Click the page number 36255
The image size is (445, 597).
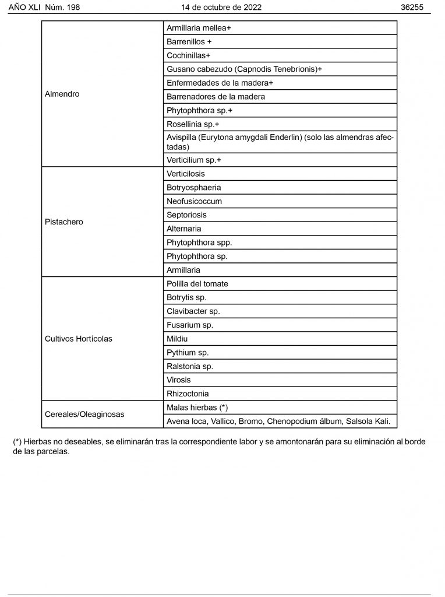(412, 8)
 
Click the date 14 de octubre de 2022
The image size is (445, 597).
(221, 8)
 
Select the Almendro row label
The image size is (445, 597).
(62, 94)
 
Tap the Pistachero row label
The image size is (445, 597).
(64, 222)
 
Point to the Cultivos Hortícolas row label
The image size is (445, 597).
(79, 339)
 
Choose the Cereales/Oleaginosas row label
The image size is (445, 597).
(84, 415)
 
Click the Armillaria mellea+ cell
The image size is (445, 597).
(199, 28)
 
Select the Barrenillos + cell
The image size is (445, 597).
(189, 42)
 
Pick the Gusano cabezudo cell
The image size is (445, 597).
(244, 69)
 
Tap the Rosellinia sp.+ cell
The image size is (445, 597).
(193, 124)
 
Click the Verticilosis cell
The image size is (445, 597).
(186, 174)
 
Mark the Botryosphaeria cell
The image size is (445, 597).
(194, 188)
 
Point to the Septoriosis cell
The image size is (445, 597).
(186, 215)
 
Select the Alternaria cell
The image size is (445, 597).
(184, 229)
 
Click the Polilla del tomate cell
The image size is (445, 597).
(197, 284)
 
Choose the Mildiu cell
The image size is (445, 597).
(177, 339)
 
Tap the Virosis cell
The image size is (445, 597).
(179, 380)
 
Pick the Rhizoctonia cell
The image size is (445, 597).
(188, 394)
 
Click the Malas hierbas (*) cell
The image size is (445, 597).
(197, 408)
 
